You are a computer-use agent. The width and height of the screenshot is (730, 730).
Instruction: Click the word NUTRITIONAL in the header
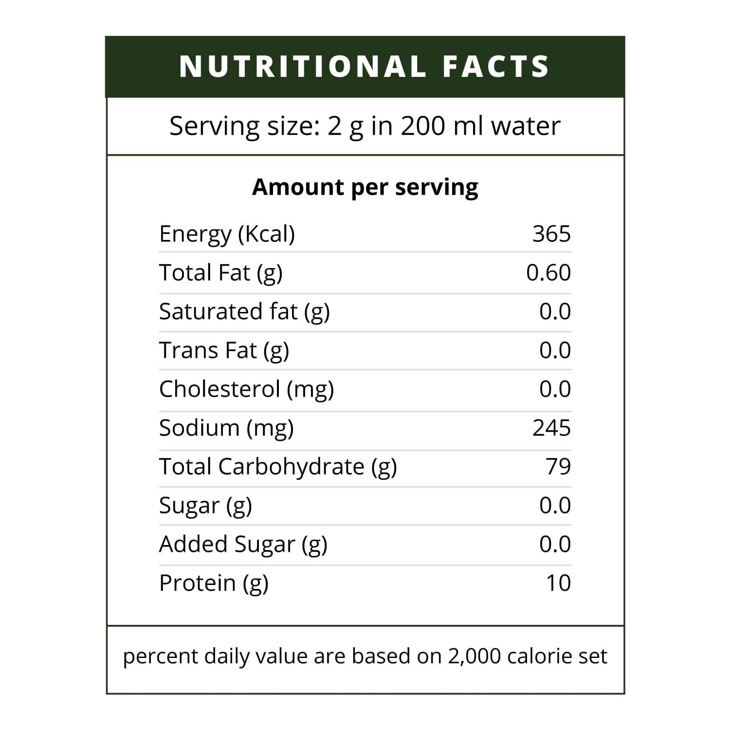click(x=303, y=67)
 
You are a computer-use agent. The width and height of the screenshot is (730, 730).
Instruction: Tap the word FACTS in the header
click(x=496, y=67)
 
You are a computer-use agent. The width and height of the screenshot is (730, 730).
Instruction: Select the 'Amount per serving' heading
click(x=365, y=187)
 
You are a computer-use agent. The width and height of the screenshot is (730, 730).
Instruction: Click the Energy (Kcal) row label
click(x=227, y=234)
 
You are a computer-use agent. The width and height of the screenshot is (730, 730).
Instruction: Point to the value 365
click(x=551, y=234)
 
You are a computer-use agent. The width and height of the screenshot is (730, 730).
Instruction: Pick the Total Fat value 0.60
click(x=548, y=273)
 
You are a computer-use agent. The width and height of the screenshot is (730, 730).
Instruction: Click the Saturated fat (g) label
click(x=244, y=311)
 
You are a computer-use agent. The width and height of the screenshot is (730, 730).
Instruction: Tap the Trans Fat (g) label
click(x=224, y=350)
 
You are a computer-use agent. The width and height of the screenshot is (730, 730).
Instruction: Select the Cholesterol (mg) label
click(x=246, y=389)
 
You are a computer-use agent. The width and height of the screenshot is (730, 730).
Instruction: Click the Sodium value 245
click(x=551, y=428)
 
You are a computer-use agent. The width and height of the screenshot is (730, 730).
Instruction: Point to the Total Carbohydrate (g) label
click(x=278, y=467)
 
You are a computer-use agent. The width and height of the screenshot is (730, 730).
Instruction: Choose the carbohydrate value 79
click(x=558, y=466)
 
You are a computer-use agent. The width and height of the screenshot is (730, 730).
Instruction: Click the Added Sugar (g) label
click(x=243, y=545)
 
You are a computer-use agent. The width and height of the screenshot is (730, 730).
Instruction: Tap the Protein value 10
click(x=558, y=583)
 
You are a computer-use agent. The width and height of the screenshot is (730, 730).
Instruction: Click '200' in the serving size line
click(x=423, y=126)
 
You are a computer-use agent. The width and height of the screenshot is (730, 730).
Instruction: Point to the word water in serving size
click(x=526, y=126)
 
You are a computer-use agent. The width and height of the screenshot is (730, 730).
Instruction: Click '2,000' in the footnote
click(x=474, y=657)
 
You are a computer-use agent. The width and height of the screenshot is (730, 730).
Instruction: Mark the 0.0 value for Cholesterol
click(x=555, y=389)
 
